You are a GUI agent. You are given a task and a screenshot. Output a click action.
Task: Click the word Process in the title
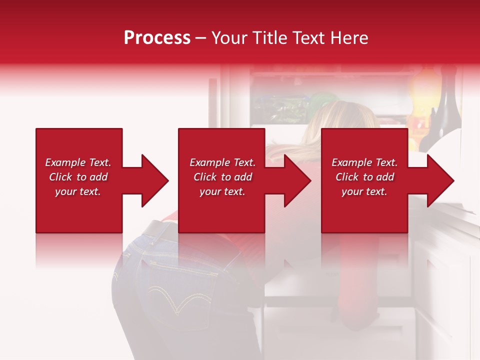[157, 37]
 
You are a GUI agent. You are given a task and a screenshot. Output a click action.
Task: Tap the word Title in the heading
[270, 37]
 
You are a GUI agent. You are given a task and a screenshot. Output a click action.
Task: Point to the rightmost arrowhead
[439, 180]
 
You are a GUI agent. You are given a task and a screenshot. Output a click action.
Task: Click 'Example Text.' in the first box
[78, 162]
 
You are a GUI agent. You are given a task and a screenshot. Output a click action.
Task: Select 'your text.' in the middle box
[222, 191]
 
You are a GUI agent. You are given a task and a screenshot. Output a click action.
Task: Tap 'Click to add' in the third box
[364, 177]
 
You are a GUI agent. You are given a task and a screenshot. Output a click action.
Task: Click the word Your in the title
[230, 37]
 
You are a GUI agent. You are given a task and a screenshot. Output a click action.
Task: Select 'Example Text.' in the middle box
[222, 162]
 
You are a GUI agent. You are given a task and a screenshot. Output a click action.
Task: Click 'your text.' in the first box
[78, 191]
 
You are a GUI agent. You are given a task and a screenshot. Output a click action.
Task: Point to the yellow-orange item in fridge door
[422, 90]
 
